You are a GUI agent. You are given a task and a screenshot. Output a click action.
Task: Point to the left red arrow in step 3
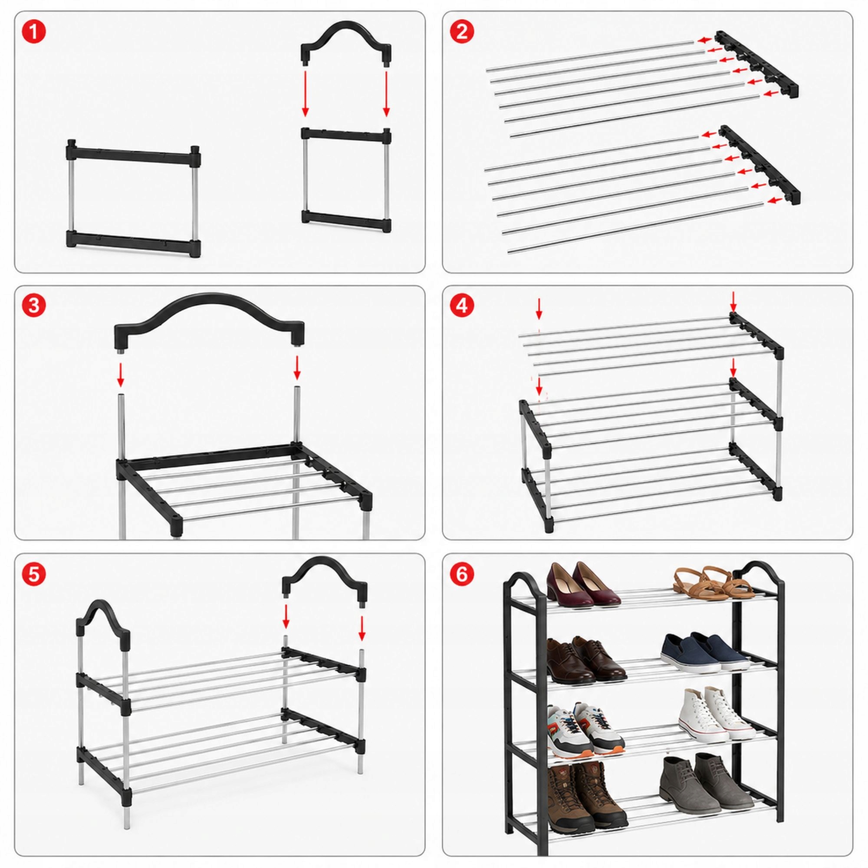coord(120,375)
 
